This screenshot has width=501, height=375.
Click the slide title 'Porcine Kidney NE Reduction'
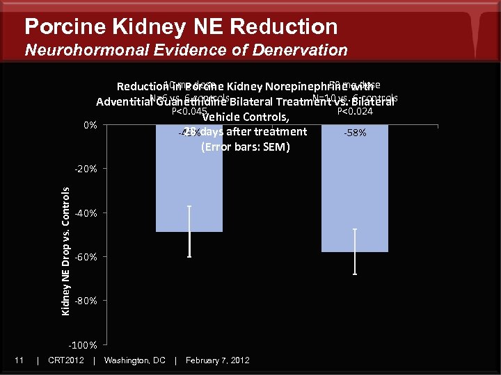pos(181,26)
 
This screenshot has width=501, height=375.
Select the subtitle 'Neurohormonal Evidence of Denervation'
pos(186,50)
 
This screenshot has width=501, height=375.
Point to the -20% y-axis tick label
pos(88,169)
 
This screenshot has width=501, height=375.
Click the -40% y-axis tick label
pos(88,213)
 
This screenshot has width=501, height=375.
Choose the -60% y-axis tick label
pos(88,257)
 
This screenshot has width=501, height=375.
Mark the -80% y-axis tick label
pos(88,301)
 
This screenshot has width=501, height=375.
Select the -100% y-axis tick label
pos(86,345)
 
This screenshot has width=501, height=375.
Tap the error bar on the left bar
pos(189,231)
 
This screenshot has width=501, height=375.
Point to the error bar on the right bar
pos(355,251)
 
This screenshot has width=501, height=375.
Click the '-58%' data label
pos(355,133)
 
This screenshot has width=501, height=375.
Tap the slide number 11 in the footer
pos(19,360)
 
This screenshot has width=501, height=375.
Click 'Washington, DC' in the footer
pos(134,360)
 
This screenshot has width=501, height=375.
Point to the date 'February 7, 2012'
pos(217,360)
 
